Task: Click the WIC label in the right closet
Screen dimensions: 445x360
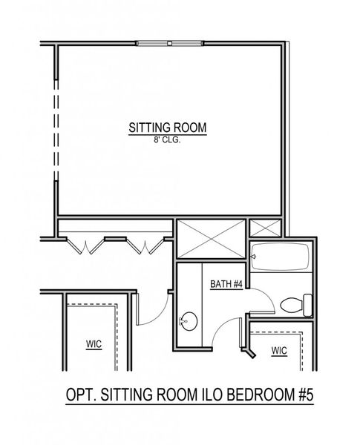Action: (x=279, y=349)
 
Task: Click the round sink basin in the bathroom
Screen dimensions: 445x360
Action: (x=189, y=322)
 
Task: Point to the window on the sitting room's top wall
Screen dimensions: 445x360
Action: (x=169, y=43)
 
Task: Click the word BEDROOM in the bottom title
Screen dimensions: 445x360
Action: (x=255, y=396)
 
